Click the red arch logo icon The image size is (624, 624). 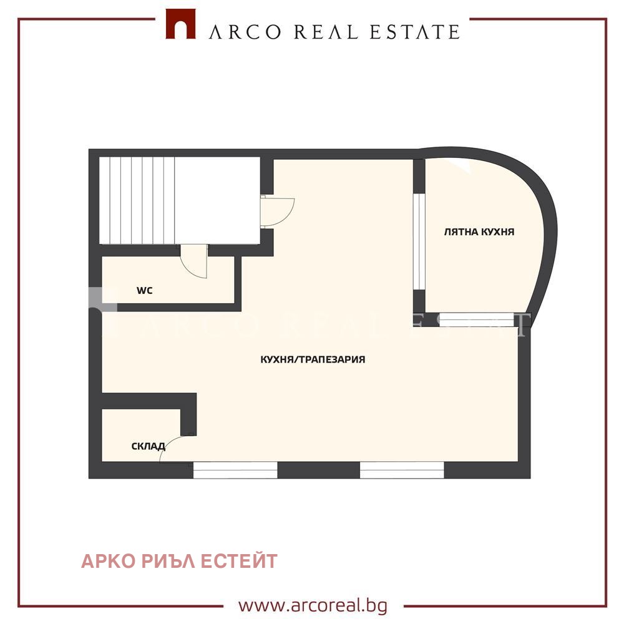pyautogui.click(x=180, y=24)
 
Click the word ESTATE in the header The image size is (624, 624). pyautogui.click(x=415, y=32)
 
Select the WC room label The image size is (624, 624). pyautogui.click(x=145, y=291)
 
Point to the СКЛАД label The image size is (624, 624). pyautogui.click(x=149, y=446)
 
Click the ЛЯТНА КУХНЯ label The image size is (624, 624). pyautogui.click(x=479, y=232)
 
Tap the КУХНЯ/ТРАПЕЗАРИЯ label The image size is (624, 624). pyautogui.click(x=313, y=359)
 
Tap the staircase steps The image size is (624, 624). pyautogui.click(x=137, y=200)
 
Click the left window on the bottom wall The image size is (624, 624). pyautogui.click(x=235, y=470)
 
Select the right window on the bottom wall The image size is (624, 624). pyautogui.click(x=402, y=470)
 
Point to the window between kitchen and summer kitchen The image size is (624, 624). pyautogui.click(x=419, y=241)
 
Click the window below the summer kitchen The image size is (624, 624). pyautogui.click(x=477, y=319)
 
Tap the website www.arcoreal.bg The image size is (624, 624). pyautogui.click(x=313, y=606)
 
